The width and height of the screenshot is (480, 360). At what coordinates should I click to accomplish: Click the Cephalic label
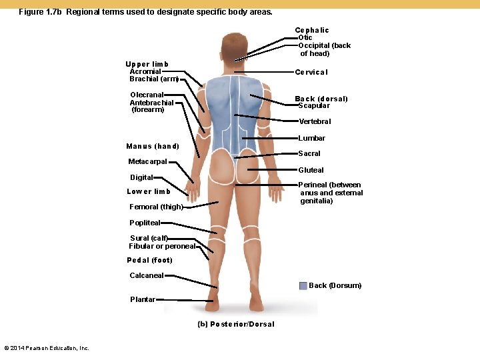pyautogui.click(x=311, y=30)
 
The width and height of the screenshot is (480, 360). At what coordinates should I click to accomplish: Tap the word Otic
pyautogui.click(x=305, y=38)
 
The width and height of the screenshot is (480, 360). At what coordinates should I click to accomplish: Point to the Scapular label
pyautogui.click(x=313, y=106)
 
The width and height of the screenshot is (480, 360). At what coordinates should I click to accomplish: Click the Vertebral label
pyautogui.click(x=315, y=121)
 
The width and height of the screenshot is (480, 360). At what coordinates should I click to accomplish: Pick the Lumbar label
pyautogui.click(x=311, y=138)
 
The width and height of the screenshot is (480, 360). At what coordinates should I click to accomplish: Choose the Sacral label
pyautogui.click(x=309, y=153)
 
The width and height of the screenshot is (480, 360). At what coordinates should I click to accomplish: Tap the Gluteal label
pyautogui.click(x=311, y=170)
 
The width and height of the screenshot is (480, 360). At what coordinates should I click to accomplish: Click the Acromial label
pyautogui.click(x=145, y=71)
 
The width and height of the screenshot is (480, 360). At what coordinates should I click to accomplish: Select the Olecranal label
pyautogui.click(x=147, y=95)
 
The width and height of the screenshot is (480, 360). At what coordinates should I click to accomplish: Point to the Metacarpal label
pyautogui.click(x=147, y=161)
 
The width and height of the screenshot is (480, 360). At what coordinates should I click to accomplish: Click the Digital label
pyautogui.click(x=141, y=177)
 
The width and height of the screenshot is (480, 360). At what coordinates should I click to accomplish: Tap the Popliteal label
pyautogui.click(x=145, y=223)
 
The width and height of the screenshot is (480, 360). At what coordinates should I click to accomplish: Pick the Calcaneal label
pyautogui.click(x=146, y=275)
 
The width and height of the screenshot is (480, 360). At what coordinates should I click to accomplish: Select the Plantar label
pyautogui.click(x=143, y=299)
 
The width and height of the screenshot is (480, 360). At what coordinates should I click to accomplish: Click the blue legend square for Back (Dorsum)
pyautogui.click(x=303, y=285)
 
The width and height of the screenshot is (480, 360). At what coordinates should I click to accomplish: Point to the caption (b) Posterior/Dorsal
pyautogui.click(x=236, y=324)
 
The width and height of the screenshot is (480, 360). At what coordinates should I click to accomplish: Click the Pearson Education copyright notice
pyautogui.click(x=47, y=348)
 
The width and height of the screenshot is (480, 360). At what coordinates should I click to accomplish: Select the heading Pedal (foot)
pyautogui.click(x=149, y=260)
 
